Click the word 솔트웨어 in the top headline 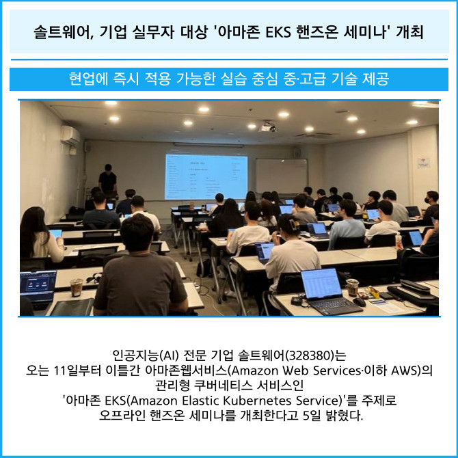[62, 32]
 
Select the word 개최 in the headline [409, 32]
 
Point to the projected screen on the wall [206, 177]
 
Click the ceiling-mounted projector [268, 128]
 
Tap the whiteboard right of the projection [282, 176]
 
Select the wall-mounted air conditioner [70, 135]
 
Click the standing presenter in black [108, 178]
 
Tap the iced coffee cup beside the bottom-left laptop [77, 287]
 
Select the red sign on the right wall [423, 163]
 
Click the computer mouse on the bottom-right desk [360, 301]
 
